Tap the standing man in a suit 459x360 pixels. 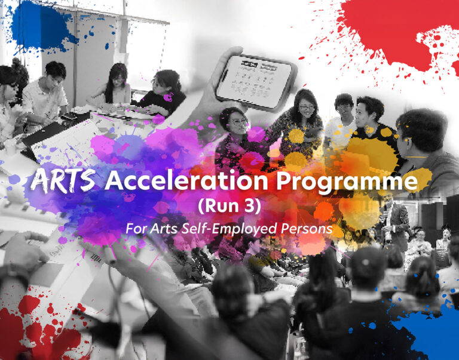[397, 221]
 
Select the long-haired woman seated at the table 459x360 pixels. [117, 84]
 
